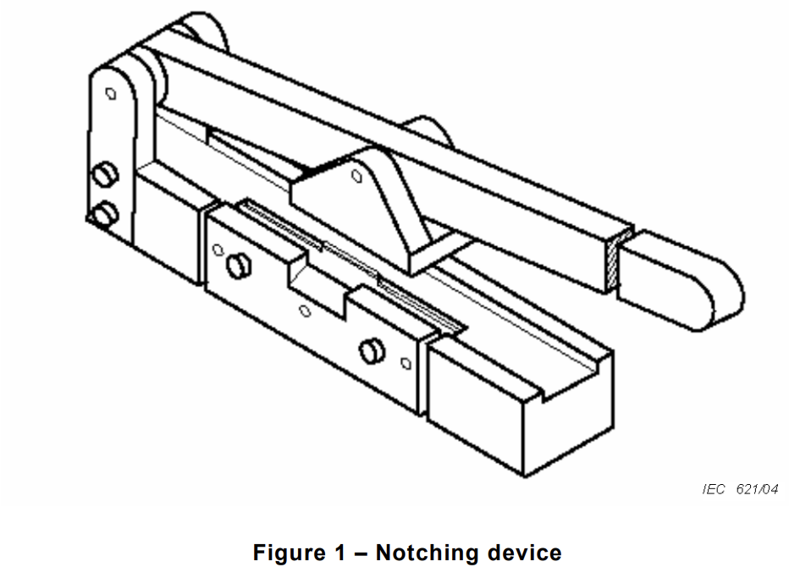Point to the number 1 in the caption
pyautogui.click(x=340, y=553)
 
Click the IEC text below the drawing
pyautogui.click(x=714, y=489)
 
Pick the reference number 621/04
pyautogui.click(x=757, y=489)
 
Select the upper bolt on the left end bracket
pyautogui.click(x=105, y=174)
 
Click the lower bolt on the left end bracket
pyautogui.click(x=105, y=213)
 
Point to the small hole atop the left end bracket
pyautogui.click(x=111, y=94)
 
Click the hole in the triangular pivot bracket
pyautogui.click(x=356, y=176)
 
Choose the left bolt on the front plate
pyautogui.click(x=239, y=266)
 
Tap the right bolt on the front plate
pyautogui.click(x=372, y=351)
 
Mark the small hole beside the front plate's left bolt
pyautogui.click(x=218, y=250)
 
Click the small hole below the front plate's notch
pyautogui.click(x=305, y=311)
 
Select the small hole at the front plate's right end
pyautogui.click(x=406, y=363)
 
